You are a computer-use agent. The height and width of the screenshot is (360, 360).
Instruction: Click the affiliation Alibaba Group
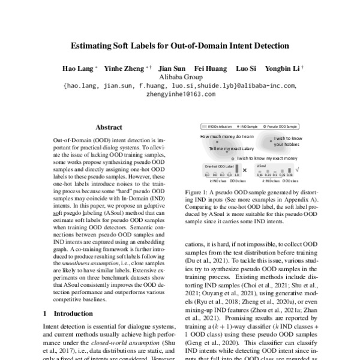click(x=180, y=77)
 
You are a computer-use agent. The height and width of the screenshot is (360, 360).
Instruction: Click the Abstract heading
click(x=109, y=127)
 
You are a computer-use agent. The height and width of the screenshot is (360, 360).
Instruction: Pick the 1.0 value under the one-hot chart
click(x=236, y=175)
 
